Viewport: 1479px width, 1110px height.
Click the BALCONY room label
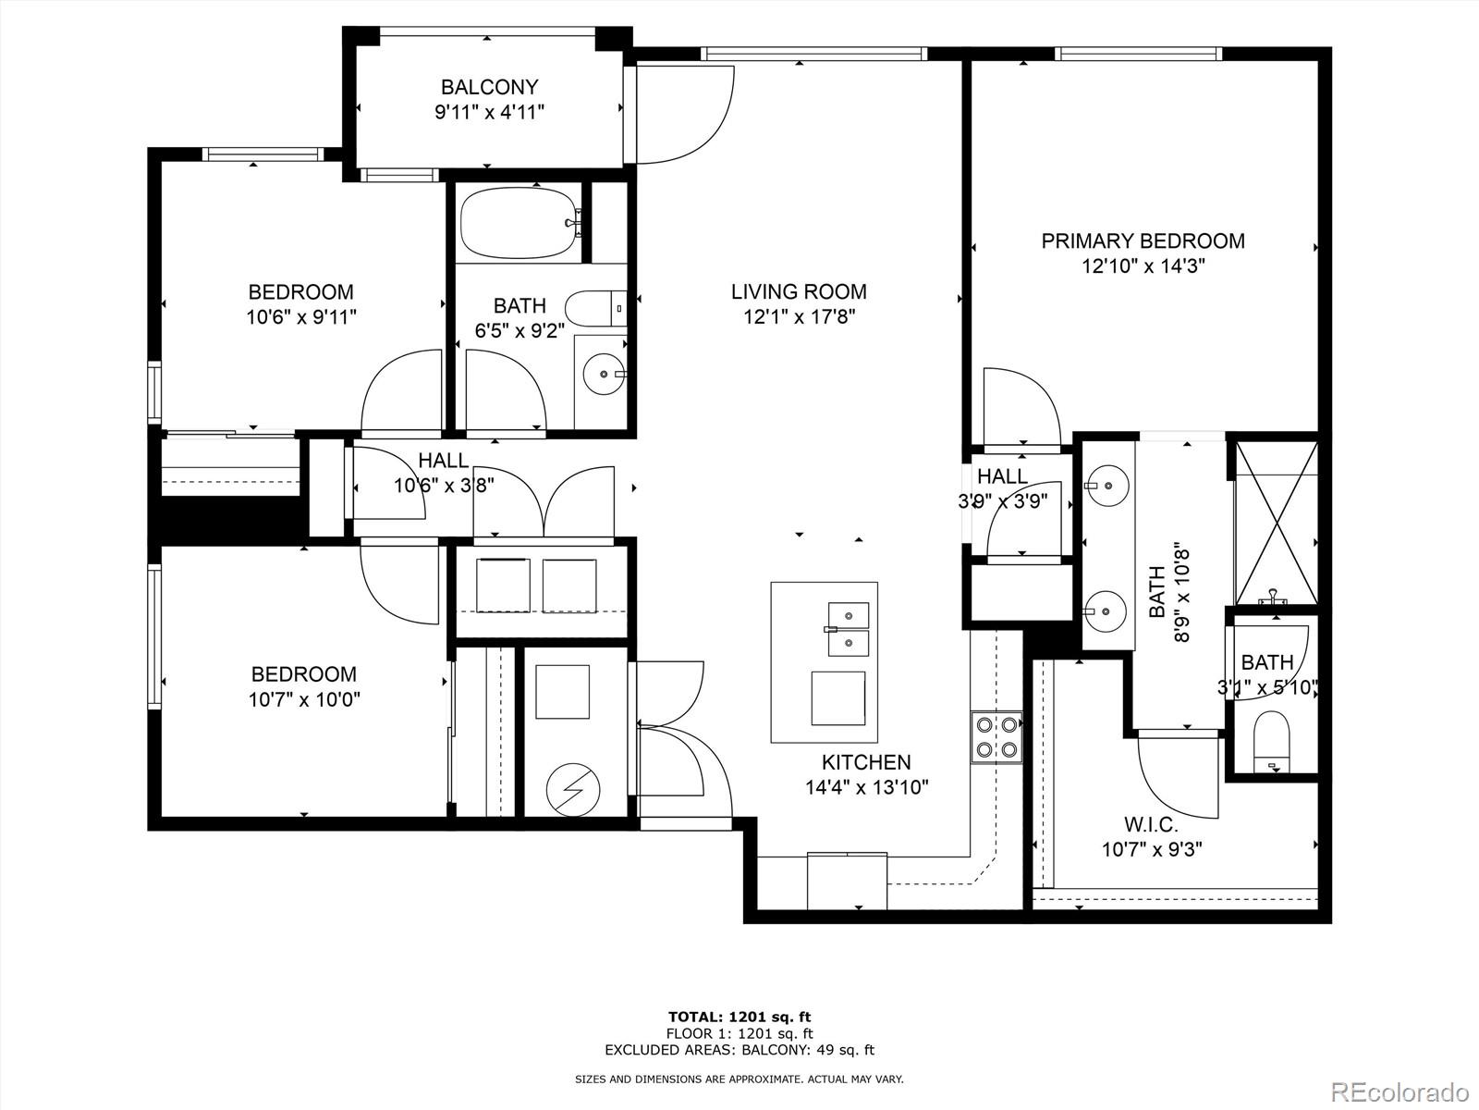click(489, 88)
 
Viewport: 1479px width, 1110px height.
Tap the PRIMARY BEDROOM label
click(1143, 241)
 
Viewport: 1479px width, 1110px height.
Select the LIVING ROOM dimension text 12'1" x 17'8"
click(799, 317)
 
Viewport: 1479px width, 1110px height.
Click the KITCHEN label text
click(866, 762)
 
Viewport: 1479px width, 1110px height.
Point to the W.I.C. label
click(1151, 823)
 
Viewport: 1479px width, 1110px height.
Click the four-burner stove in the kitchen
click(996, 737)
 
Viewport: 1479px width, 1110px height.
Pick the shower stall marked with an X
click(1277, 524)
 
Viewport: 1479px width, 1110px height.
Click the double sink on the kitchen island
click(848, 628)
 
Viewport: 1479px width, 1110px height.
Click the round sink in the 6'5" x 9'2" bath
click(605, 375)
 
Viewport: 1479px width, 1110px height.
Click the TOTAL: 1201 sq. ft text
click(739, 1017)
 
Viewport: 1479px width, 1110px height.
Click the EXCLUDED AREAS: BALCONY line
click(739, 1050)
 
